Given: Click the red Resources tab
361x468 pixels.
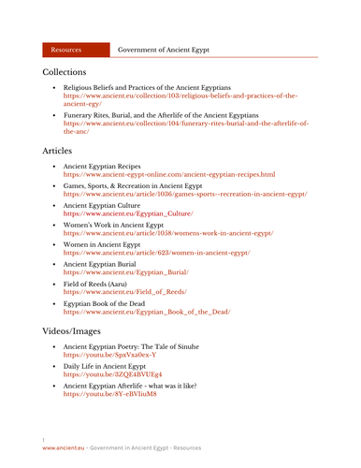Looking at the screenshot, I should (68, 48).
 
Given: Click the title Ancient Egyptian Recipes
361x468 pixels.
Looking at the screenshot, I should (108, 166).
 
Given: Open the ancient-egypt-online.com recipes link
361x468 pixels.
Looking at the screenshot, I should (168, 174).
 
